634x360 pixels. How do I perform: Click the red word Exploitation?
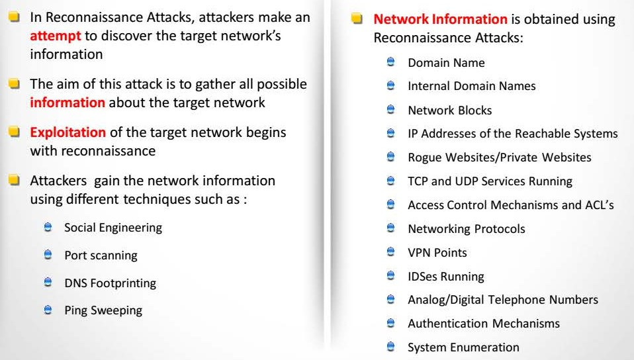click(x=68, y=132)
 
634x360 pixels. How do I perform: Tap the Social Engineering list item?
click(x=113, y=228)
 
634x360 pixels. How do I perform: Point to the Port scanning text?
click(x=101, y=255)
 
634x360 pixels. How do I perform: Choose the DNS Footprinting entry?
click(x=110, y=283)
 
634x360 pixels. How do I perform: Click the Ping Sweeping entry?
click(x=103, y=310)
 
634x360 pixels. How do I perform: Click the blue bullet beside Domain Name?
click(x=391, y=62)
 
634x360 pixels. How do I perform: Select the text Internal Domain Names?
click(x=471, y=86)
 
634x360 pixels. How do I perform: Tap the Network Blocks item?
click(x=449, y=111)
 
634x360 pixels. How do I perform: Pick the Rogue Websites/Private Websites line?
click(x=499, y=157)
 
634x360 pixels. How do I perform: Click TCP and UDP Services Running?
click(x=490, y=181)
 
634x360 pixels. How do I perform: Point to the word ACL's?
click(x=599, y=205)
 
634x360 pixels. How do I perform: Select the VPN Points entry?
click(x=437, y=253)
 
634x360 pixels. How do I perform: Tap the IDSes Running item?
click(x=445, y=277)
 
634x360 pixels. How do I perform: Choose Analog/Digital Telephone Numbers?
click(x=502, y=300)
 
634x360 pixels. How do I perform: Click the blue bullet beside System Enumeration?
click(x=391, y=347)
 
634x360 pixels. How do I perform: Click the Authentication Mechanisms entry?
click(x=483, y=324)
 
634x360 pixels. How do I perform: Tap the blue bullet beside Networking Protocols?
click(x=391, y=228)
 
